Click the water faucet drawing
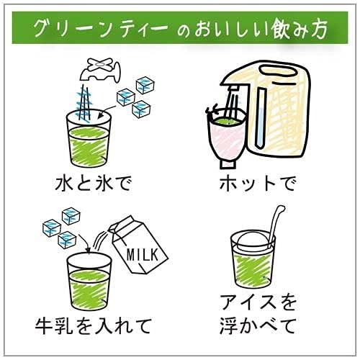click(x=100, y=70)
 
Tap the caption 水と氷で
click(x=94, y=184)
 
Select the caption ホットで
click(x=258, y=184)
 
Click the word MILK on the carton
click(x=143, y=255)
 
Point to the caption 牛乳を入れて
click(x=94, y=326)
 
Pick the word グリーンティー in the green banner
click(x=101, y=29)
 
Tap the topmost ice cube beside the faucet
click(x=145, y=85)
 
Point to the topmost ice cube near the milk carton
click(x=71, y=216)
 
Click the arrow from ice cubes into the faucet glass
click(x=107, y=111)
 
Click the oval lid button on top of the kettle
click(x=278, y=71)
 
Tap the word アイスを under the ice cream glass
click(x=258, y=303)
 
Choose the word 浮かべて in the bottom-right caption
click(x=258, y=326)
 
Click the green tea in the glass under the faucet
click(x=89, y=146)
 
